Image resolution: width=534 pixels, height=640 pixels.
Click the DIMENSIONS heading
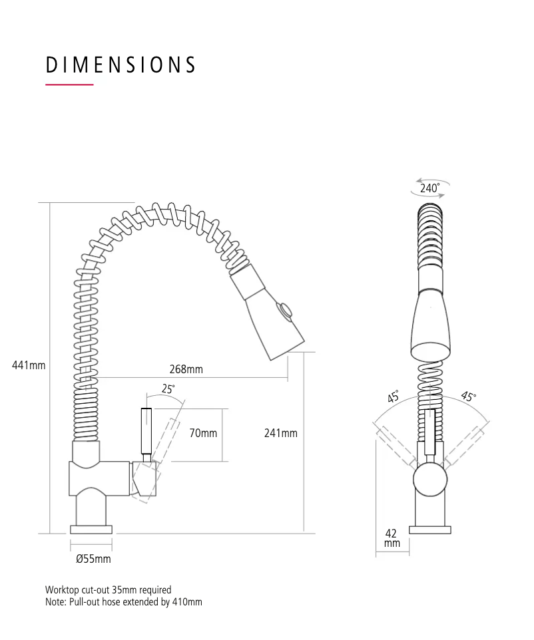121,65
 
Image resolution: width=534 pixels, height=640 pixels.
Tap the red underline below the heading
69,85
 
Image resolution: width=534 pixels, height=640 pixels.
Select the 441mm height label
29,365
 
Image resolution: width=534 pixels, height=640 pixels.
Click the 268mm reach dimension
186,369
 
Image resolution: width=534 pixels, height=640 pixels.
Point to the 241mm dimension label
280,433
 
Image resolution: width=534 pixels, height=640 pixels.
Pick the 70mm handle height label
203,433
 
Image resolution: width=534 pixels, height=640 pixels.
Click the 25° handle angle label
168,389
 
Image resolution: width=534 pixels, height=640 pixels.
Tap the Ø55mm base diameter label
93,559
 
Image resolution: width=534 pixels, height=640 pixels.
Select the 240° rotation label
429,188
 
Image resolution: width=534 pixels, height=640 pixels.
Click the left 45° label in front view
394,397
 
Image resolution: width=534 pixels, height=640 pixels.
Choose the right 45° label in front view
469,397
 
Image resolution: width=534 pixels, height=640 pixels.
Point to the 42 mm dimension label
392,538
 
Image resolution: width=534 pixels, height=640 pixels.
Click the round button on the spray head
287,310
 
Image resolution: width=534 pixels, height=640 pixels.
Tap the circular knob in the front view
429,480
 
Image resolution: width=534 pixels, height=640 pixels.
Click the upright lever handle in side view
147,431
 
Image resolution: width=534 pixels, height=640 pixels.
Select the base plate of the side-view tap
91,530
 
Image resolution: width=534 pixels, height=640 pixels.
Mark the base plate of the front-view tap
429,530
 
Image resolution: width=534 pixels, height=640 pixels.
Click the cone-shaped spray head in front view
429,326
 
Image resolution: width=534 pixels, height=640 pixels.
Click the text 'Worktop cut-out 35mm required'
108,589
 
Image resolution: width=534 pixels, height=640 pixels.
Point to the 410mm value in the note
187,602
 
